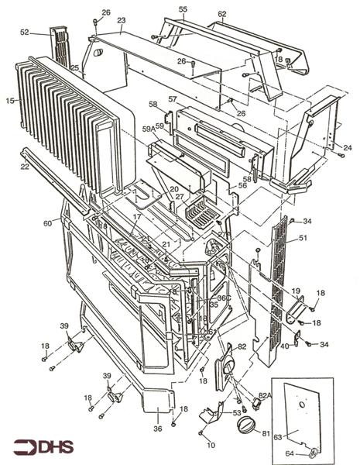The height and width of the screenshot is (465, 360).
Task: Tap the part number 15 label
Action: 9,101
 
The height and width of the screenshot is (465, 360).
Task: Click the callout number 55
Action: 183,9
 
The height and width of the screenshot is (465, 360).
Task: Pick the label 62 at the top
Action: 222,14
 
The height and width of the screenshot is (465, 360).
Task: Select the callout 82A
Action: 265,394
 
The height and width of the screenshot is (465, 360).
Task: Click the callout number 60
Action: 48,223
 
